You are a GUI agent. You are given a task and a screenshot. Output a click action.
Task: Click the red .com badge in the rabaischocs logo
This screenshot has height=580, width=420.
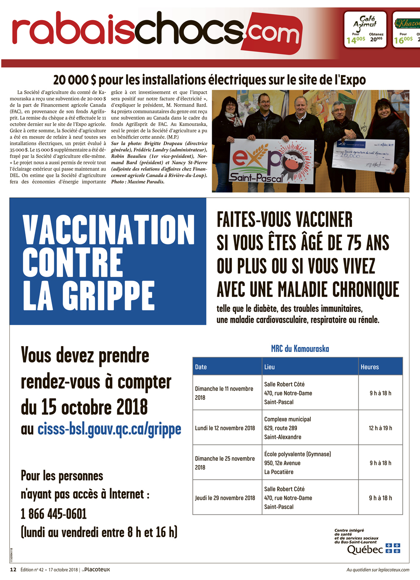tap(273, 33)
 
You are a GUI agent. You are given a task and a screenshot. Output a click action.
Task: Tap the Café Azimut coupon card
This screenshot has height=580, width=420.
tap(365, 29)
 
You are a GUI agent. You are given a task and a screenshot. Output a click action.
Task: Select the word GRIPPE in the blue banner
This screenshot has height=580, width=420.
tap(108, 296)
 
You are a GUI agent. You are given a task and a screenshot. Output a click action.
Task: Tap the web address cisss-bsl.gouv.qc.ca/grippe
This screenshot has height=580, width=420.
tap(109, 429)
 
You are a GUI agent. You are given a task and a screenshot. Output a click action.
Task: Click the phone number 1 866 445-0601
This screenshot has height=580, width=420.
tap(54, 514)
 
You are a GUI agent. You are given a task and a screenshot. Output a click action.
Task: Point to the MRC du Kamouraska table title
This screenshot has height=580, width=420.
tap(300, 349)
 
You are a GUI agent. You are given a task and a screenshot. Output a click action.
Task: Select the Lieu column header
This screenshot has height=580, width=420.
tap(270, 367)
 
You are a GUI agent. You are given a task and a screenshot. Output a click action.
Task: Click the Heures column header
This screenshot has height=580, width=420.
tap(370, 367)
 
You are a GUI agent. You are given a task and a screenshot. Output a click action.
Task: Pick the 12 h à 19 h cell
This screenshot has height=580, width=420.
tap(380, 428)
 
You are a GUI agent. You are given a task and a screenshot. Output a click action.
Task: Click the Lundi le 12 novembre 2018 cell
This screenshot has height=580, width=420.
tap(225, 428)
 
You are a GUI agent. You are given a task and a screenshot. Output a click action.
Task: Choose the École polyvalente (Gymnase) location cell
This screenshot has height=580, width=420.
tap(297, 463)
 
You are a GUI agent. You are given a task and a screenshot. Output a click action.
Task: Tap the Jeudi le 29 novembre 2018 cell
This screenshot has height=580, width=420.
tap(225, 498)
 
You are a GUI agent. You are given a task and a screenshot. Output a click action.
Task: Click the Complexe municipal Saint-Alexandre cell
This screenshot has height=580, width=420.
tap(288, 428)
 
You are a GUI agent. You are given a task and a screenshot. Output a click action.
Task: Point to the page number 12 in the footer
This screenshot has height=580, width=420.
tap(13, 570)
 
